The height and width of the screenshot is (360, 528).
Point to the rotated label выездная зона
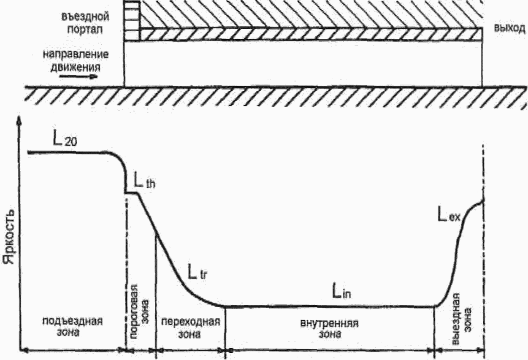[x=461, y=312]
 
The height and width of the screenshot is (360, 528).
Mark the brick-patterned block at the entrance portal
[x=132, y=22]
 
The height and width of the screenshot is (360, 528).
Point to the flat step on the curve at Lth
[x=132, y=193]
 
